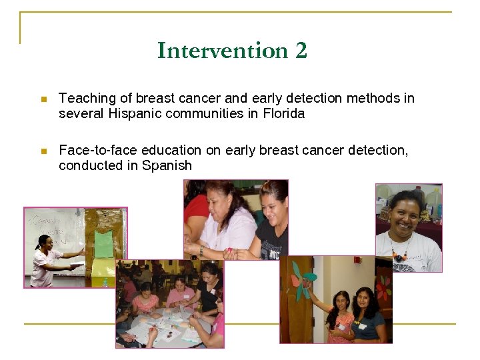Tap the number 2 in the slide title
point(300,51)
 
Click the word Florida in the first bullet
point(283,113)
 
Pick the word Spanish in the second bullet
point(167,165)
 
